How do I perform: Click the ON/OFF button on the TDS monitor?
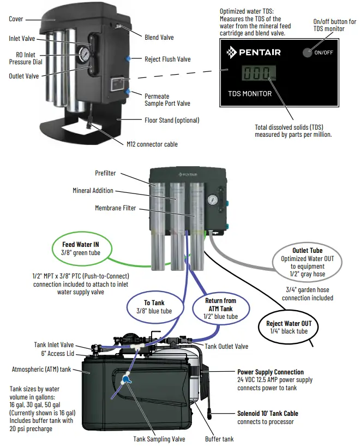click(309, 52)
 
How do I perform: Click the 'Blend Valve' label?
click(159, 37)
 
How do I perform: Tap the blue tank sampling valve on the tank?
click(126, 379)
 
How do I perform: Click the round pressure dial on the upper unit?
click(84, 54)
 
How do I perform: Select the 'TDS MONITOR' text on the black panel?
click(250, 94)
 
